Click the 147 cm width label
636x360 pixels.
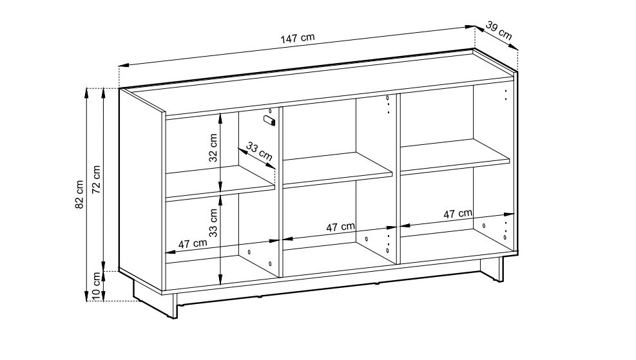pos(297,38)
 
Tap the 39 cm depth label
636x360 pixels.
pos(499,31)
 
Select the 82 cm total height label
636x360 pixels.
pos(79,194)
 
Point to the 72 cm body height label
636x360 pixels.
pos(97,180)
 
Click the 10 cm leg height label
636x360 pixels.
pos(96,286)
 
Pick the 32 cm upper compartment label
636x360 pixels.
pos(213,147)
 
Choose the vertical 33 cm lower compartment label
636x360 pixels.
pos(213,223)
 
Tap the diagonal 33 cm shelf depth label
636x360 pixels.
pos(260,151)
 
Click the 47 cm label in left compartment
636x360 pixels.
pos(193,243)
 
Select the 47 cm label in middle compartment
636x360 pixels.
pos(341,227)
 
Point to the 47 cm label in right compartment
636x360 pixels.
pos(458,213)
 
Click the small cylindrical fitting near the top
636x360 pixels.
pos(269,120)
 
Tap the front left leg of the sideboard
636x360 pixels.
pos(175,306)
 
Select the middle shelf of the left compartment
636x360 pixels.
pos(220,183)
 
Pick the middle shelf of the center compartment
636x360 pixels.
pos(337,170)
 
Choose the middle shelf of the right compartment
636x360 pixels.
pos(455,157)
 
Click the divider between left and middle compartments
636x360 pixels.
pos(280,193)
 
